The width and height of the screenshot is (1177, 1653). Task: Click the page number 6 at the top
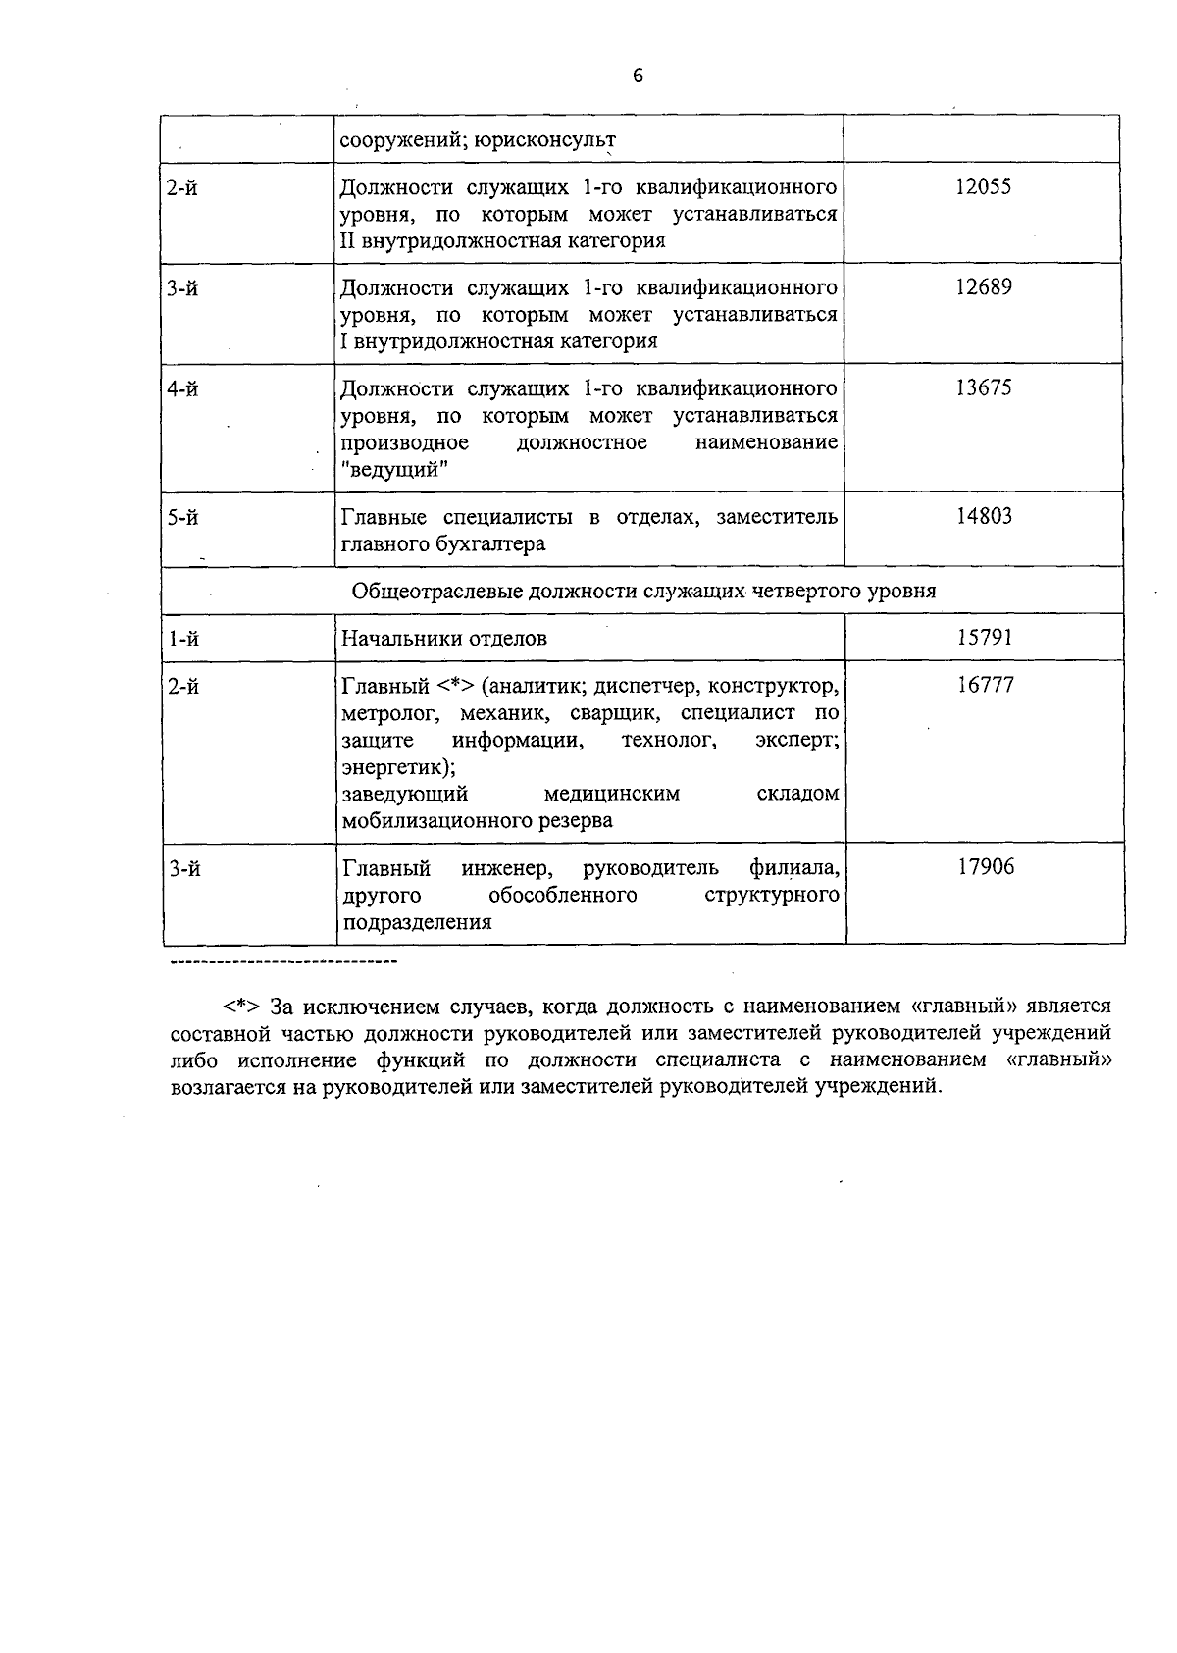pyautogui.click(x=638, y=76)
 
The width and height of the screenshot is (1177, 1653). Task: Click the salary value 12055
pyautogui.click(x=983, y=186)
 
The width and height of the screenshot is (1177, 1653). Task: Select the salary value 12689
pyautogui.click(x=983, y=287)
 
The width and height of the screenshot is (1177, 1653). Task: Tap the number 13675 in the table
pyautogui.click(x=983, y=388)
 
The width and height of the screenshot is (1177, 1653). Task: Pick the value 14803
pyautogui.click(x=984, y=516)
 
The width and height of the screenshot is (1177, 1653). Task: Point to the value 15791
pyautogui.click(x=985, y=638)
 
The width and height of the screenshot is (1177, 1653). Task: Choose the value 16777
pyautogui.click(x=986, y=684)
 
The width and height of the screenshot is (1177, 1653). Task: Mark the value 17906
pyautogui.click(x=986, y=867)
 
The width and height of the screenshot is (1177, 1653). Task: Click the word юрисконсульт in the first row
pyautogui.click(x=545, y=140)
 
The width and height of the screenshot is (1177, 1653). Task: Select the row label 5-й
pyautogui.click(x=182, y=517)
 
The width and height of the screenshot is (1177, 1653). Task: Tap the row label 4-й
pyautogui.click(x=182, y=389)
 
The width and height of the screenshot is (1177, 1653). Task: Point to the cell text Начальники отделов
pyautogui.click(x=443, y=639)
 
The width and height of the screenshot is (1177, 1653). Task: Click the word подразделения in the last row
pyautogui.click(x=417, y=922)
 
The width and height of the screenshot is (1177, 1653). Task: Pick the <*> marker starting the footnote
pyautogui.click(x=240, y=1007)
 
